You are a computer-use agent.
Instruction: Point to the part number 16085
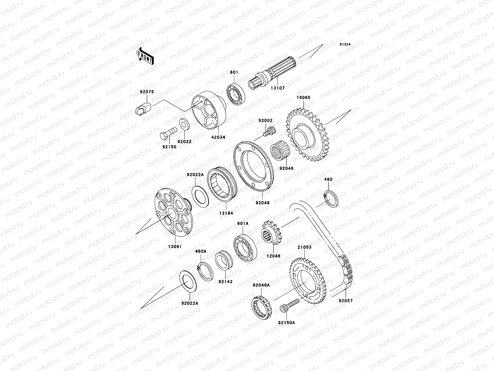pos(304,98)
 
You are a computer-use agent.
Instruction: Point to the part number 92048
pos(262,203)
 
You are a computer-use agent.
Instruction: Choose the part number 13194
pos(226,213)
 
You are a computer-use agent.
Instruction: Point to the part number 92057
pos(345,300)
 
